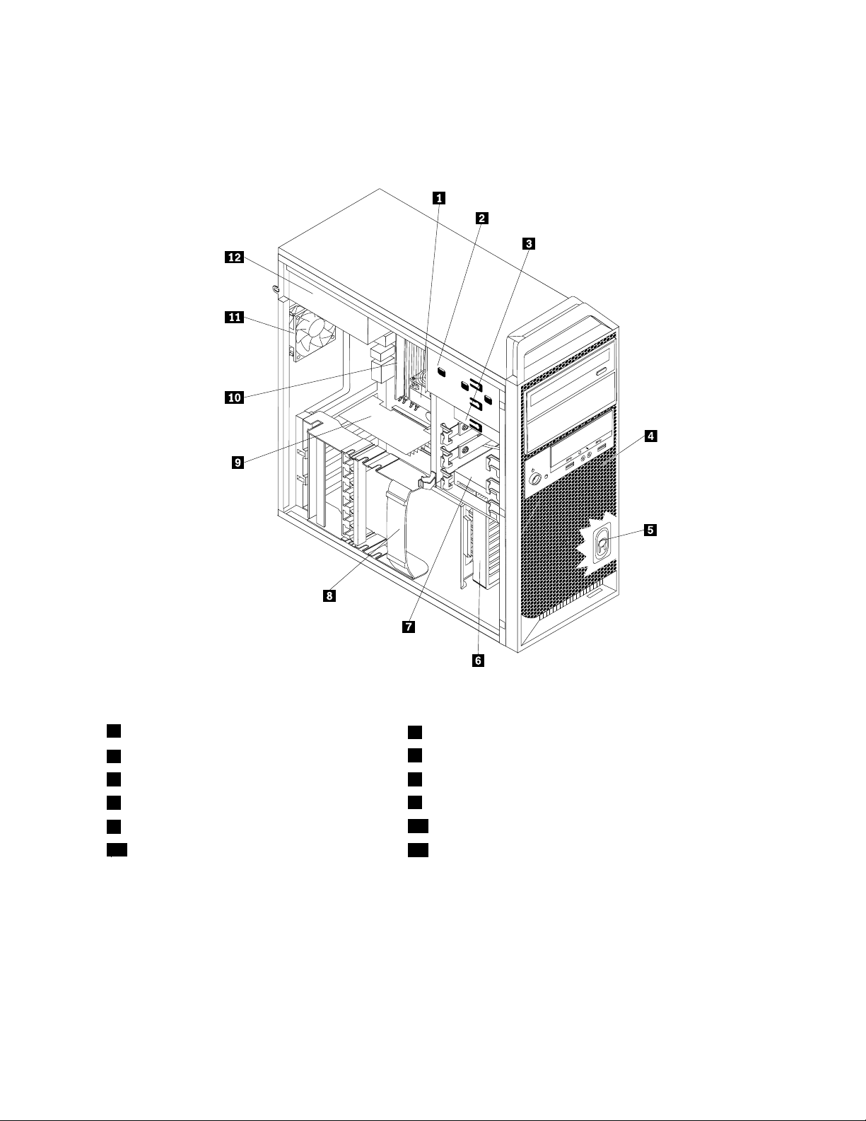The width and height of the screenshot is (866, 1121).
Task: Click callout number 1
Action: pyautogui.click(x=439, y=199)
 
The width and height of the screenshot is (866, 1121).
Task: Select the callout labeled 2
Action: pyautogui.click(x=481, y=218)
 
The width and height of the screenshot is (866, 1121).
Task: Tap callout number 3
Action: pyautogui.click(x=527, y=244)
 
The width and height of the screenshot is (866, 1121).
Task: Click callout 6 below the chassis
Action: pyautogui.click(x=479, y=661)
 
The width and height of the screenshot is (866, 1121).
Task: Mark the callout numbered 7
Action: pyautogui.click(x=408, y=627)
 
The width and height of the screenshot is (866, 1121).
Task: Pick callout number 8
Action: pyautogui.click(x=329, y=596)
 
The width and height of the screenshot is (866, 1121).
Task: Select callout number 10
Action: pyautogui.click(x=233, y=397)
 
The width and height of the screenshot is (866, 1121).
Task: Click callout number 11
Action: pyautogui.click(x=233, y=318)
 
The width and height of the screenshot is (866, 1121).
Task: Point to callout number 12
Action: pyautogui.click(x=233, y=259)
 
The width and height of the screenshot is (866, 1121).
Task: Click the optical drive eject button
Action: pyautogui.click(x=602, y=372)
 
